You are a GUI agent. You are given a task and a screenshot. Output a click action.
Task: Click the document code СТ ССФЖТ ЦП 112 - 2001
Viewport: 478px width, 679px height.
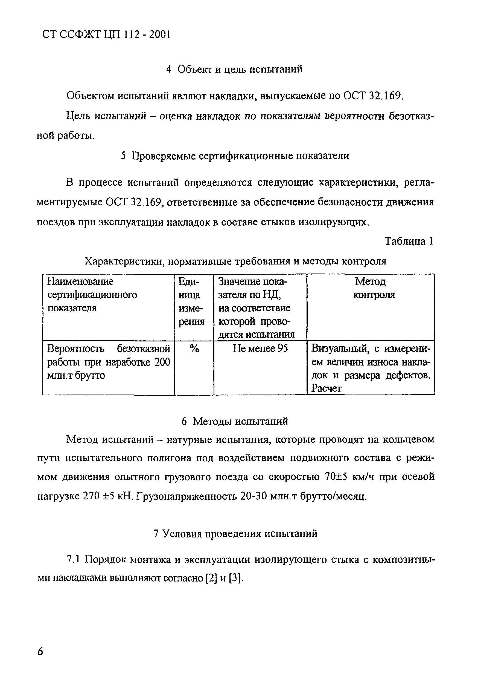pos(107,35)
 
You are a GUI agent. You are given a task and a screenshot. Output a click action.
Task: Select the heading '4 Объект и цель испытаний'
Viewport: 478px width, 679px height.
pos(234,69)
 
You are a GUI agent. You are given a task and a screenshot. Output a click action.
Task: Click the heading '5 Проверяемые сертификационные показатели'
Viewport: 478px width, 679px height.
pos(235,156)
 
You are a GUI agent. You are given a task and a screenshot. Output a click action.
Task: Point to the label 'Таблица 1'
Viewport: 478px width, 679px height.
pos(409,241)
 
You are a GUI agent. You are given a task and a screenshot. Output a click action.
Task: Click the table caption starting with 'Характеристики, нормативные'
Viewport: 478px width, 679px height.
pos(235,261)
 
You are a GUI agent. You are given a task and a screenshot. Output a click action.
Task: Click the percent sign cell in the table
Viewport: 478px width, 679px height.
pos(194,349)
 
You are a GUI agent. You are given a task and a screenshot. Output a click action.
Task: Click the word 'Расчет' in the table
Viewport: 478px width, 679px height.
pos(326,388)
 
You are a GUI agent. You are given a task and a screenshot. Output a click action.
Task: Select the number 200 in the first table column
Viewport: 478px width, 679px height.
pos(162,362)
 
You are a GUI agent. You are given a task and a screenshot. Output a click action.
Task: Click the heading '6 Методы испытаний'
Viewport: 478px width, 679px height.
pos(235,421)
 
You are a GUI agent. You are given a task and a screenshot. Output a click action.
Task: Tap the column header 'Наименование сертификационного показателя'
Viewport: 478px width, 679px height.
pos(92,295)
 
